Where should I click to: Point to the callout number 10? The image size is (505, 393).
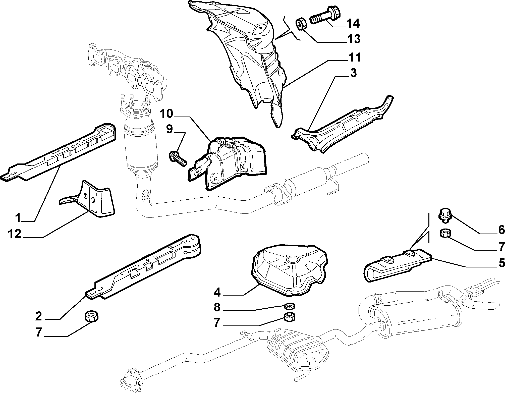click(x=166, y=114)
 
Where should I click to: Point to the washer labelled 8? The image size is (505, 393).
click(x=289, y=306)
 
